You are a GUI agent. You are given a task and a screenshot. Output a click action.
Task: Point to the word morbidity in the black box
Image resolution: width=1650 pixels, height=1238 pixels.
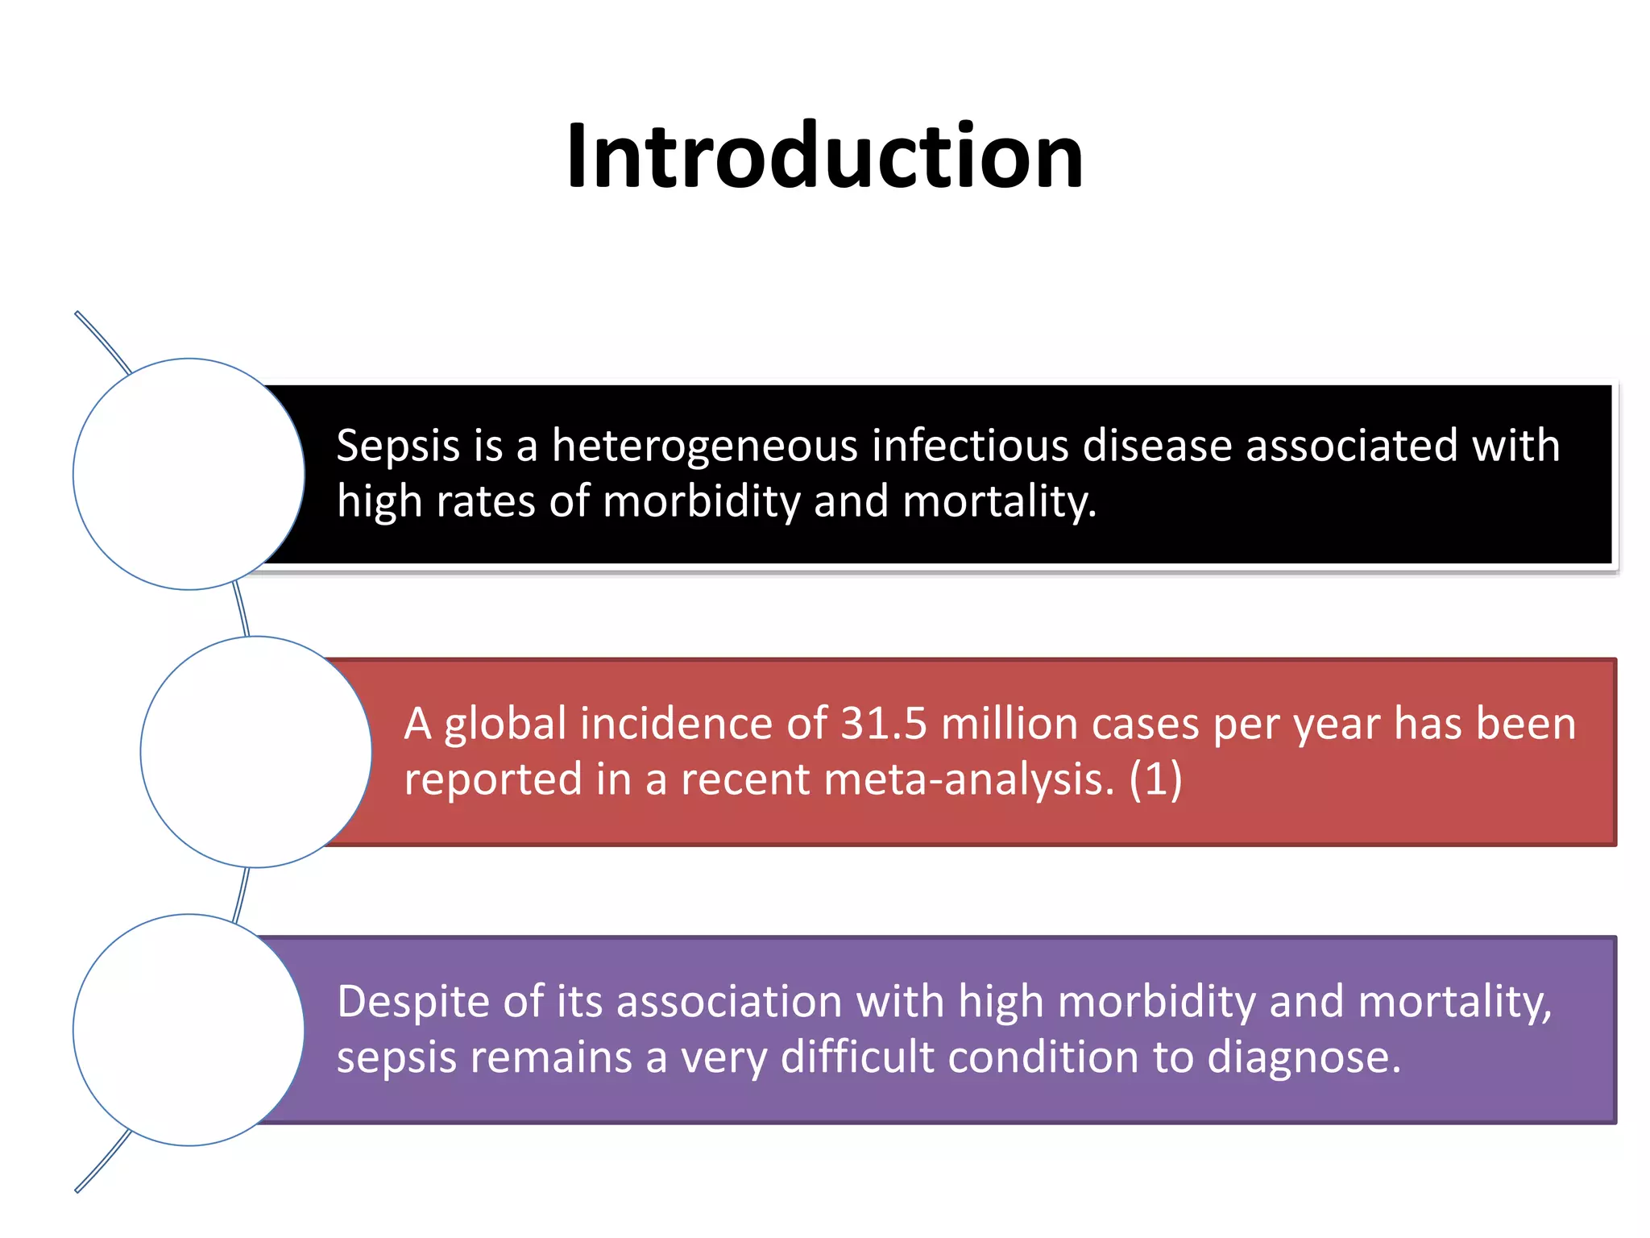[x=701, y=501]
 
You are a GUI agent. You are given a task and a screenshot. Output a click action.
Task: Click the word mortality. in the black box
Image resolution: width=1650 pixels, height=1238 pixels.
[x=999, y=501]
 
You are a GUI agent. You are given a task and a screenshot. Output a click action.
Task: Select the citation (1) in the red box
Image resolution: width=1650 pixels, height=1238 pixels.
[x=1155, y=779]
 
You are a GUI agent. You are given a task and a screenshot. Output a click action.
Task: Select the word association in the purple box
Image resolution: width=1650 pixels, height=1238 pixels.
[x=729, y=1002]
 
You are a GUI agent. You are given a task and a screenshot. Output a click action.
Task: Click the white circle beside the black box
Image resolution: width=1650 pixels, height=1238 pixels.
[x=189, y=474]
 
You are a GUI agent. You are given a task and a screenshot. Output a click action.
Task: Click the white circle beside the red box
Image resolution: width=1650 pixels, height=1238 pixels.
[x=256, y=752]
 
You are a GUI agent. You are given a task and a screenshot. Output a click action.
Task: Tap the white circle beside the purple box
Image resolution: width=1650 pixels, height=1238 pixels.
[x=189, y=1030]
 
